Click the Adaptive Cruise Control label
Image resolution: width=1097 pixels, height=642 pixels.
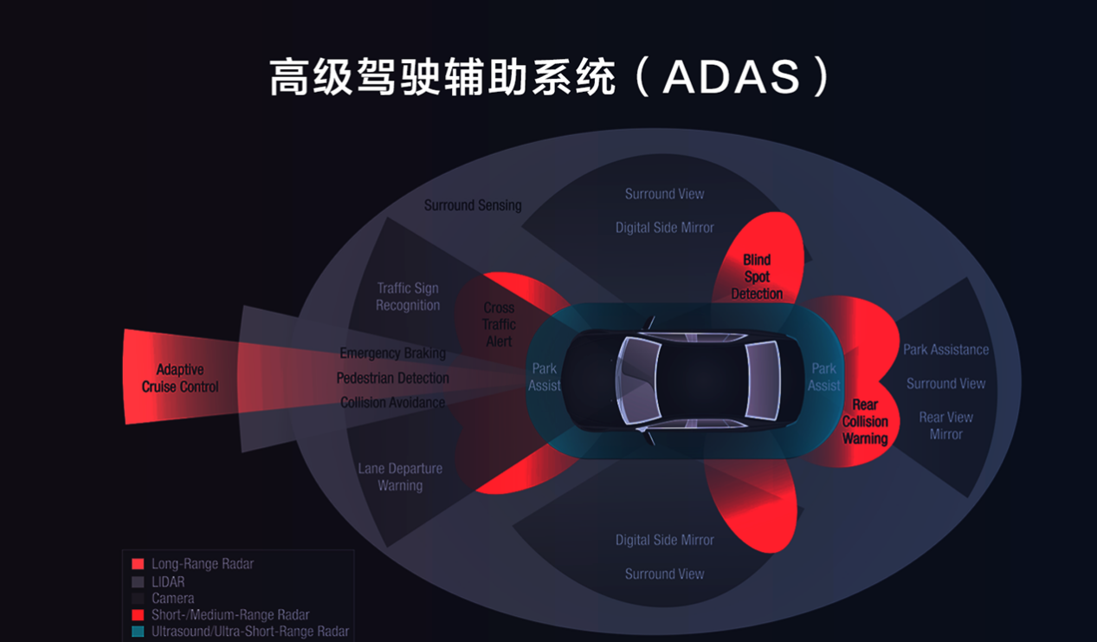[180, 379]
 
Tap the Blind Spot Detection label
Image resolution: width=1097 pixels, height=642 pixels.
[757, 277]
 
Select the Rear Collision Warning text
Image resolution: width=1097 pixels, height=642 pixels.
[865, 422]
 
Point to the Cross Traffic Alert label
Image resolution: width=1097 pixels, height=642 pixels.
[499, 325]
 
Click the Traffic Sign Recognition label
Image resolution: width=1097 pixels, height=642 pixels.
[408, 297]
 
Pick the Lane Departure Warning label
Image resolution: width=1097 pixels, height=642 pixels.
[400, 477]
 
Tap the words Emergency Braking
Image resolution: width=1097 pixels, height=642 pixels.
[392, 353]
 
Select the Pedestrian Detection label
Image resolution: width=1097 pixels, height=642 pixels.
[392, 379]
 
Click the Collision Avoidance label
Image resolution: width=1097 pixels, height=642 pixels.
[392, 403]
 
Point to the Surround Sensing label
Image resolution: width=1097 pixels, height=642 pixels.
[473, 205]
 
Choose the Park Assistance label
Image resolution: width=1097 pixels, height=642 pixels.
[945, 350]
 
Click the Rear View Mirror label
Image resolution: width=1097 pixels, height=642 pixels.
[945, 426]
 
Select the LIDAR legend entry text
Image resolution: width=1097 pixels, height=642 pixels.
[168, 582]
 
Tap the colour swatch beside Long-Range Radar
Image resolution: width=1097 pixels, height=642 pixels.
[138, 564]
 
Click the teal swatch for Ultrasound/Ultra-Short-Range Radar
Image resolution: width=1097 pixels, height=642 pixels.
[138, 632]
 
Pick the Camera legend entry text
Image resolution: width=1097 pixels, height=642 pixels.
[172, 599]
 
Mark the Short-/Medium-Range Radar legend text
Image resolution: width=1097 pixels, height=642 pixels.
[230, 615]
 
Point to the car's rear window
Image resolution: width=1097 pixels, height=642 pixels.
[762, 379]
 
